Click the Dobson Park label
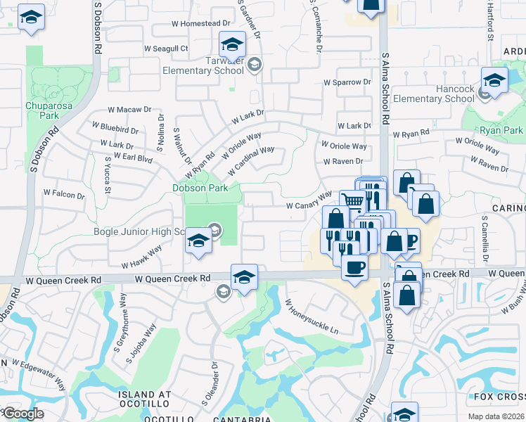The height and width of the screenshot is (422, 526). [x=200, y=188]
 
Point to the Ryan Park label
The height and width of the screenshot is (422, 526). [x=501, y=131]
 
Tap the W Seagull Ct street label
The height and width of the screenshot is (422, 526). [x=166, y=49]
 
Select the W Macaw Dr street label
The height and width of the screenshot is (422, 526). [x=129, y=110]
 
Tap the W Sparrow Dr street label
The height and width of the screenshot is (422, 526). [x=347, y=82]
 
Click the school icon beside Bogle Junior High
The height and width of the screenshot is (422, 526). [x=199, y=241]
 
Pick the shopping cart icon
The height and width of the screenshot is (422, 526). [x=352, y=202]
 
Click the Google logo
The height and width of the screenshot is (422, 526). [x=23, y=414]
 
